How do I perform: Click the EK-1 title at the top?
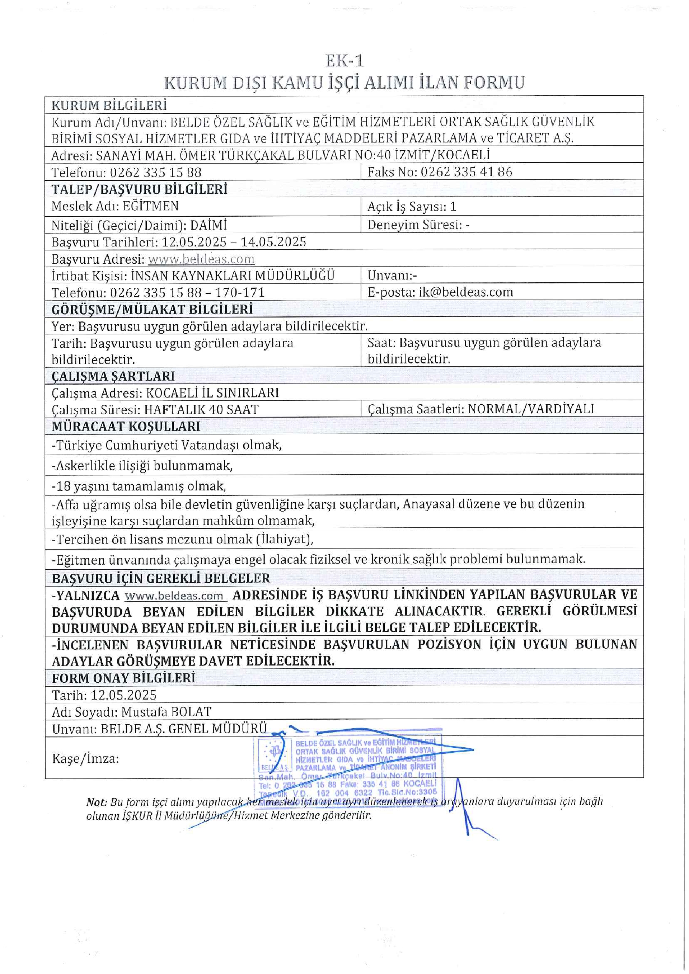pos(344,61)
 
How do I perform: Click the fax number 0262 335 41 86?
pos(466,172)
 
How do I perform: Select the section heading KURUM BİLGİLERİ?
pos(109,105)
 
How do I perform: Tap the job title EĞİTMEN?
pos(151,206)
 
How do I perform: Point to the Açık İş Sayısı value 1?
pos(453,207)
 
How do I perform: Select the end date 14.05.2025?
pos(274,242)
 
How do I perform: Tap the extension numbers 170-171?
pos(240,292)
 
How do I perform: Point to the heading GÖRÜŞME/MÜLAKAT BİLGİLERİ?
pos(152,309)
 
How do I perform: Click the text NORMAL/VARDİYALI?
pos(531,409)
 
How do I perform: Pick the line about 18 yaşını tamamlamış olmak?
pos(139,486)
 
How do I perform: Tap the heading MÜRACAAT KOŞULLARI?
pos(126,426)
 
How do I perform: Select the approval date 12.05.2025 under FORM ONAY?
pos(123,695)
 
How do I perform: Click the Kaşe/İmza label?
pos(85,758)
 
